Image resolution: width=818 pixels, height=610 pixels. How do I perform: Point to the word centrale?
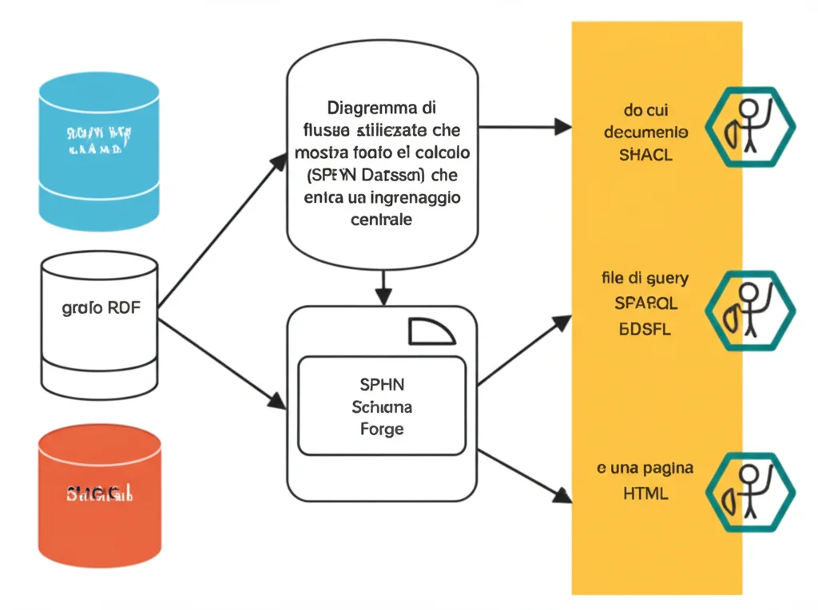pyautogui.click(x=382, y=220)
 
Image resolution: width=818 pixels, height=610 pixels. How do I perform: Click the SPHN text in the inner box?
pyautogui.click(x=382, y=384)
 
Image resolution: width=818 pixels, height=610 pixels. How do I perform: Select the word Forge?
pyautogui.click(x=382, y=429)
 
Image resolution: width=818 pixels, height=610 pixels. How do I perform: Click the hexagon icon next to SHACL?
pyautogui.click(x=749, y=127)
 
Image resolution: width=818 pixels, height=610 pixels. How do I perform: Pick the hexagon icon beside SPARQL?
pyautogui.click(x=749, y=311)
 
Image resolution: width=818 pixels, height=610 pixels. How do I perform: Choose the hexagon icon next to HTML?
pyautogui.click(x=749, y=492)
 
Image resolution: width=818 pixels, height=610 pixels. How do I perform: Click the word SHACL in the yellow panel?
pyautogui.click(x=645, y=155)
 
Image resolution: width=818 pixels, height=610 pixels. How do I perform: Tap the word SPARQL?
pyautogui.click(x=645, y=303)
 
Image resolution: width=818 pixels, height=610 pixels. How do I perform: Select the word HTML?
pyautogui.click(x=645, y=493)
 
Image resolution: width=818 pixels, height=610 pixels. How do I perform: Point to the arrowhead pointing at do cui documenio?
pyautogui.click(x=563, y=126)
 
